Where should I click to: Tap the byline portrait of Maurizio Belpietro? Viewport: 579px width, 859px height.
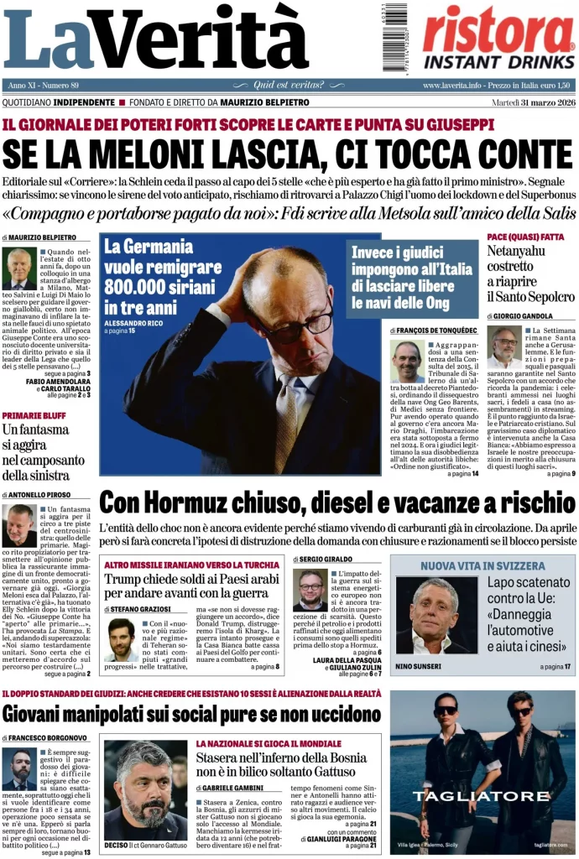18,268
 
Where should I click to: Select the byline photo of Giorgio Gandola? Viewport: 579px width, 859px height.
504,348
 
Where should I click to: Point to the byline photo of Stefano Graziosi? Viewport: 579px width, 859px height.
122,639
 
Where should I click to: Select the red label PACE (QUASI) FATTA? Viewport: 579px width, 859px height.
525,237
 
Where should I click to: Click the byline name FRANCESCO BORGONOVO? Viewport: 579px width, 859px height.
50,737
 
